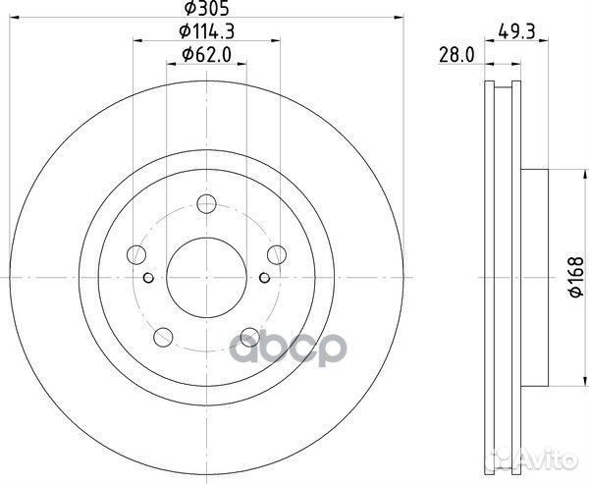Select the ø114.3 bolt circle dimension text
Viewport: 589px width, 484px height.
point(205,31)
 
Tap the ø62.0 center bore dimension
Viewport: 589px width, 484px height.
point(205,56)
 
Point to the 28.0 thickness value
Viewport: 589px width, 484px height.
point(452,57)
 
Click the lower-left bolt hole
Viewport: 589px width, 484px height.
point(162,337)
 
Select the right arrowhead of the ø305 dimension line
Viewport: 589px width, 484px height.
point(401,17)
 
